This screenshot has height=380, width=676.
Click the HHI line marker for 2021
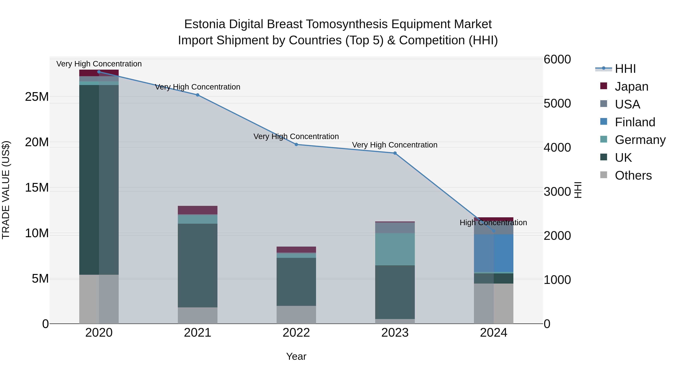click(198, 95)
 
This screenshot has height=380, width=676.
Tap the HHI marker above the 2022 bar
click(296, 144)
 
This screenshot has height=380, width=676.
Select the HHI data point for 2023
click(395, 153)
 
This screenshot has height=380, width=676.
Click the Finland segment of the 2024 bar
click(494, 253)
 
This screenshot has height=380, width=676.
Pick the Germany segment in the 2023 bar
click(395, 249)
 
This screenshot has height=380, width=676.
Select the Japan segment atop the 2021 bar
click(198, 210)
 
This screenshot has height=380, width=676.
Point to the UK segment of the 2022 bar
click(296, 282)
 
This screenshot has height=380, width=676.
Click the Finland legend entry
click(635, 122)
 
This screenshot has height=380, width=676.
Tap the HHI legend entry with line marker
click(625, 69)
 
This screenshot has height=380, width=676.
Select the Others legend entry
click(633, 175)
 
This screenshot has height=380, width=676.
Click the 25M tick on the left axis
click(37, 97)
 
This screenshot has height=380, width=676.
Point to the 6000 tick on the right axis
click(557, 59)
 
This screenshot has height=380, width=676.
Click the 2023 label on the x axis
click(395, 333)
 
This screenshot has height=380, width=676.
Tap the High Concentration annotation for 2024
click(493, 223)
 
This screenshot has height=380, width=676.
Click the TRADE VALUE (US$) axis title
click(6, 190)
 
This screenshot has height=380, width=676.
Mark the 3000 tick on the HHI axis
click(557, 192)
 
